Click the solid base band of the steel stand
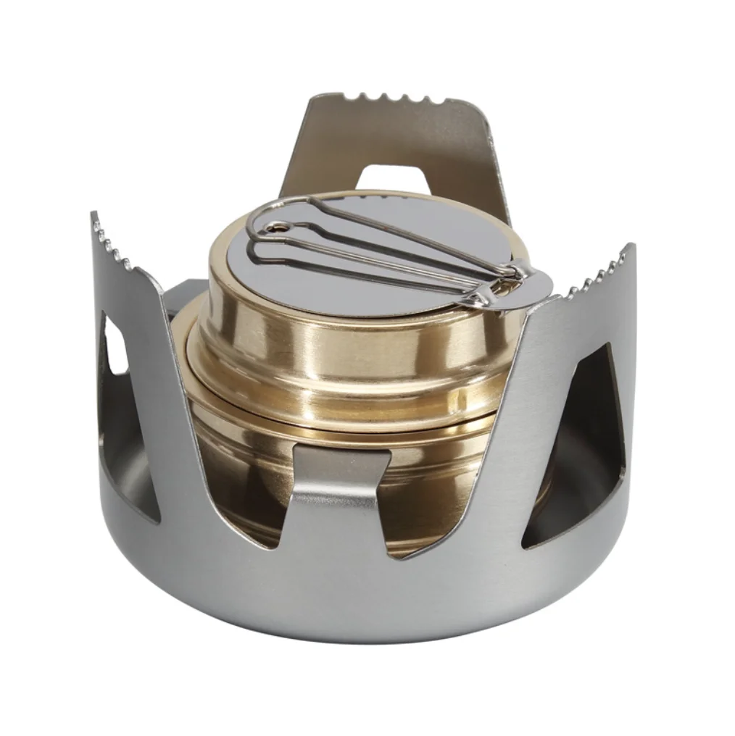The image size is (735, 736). click(362, 594)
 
